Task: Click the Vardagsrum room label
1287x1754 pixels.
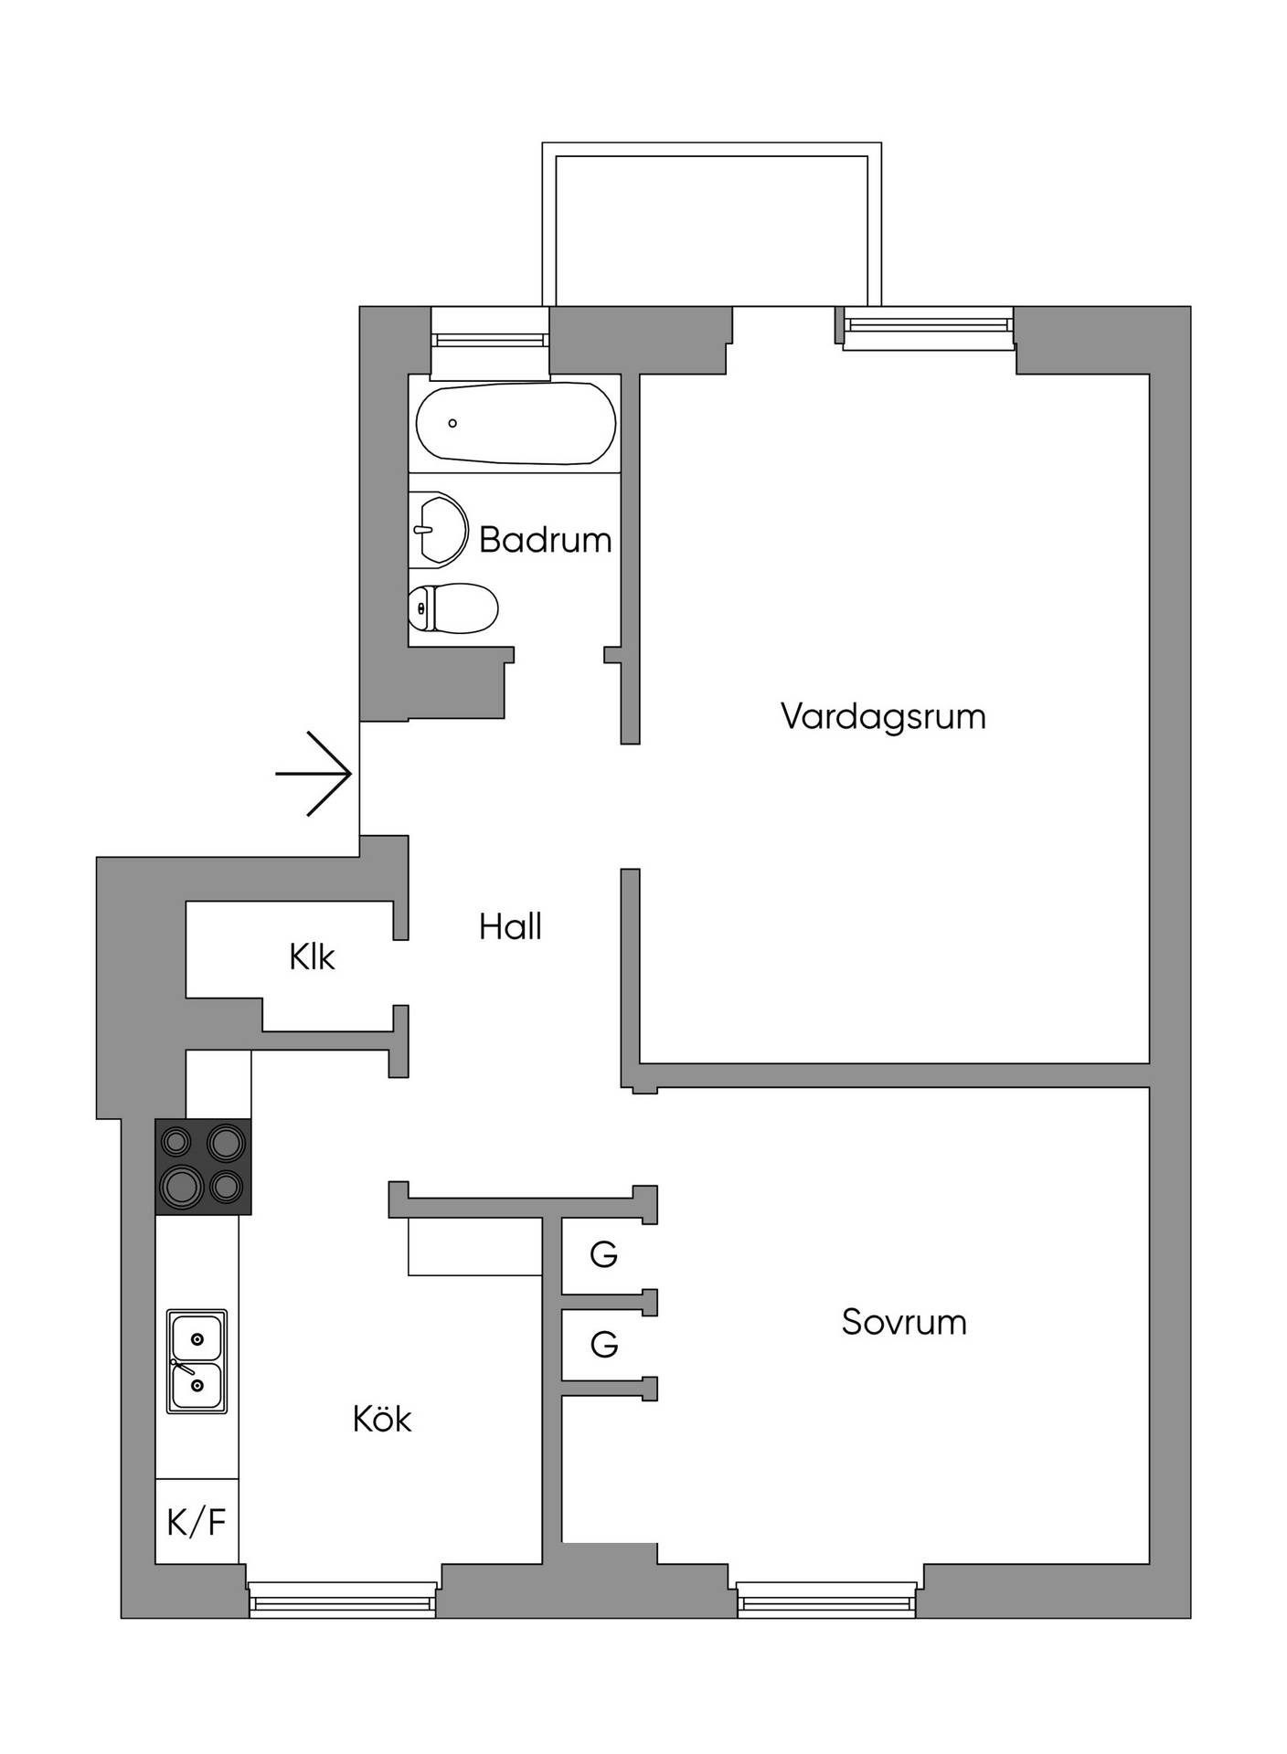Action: coord(883,717)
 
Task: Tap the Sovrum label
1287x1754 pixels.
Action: coord(904,1322)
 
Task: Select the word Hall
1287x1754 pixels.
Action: coord(510,926)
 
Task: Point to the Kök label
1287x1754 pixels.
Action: coord(382,1418)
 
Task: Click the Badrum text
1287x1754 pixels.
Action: coord(545,539)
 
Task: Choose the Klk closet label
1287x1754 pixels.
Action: coord(312,956)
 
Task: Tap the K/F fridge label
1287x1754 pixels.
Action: coord(196,1522)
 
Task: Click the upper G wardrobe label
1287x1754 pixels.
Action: coord(603,1254)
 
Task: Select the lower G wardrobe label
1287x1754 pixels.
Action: coord(603,1344)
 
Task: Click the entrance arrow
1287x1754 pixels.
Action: coord(314,774)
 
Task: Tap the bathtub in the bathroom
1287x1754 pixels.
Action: coord(516,424)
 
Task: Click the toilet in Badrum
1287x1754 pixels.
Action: coord(453,608)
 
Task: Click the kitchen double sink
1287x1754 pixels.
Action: coord(197,1361)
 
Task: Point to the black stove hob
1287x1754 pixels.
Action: coord(203,1167)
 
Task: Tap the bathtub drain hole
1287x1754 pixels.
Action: coord(452,423)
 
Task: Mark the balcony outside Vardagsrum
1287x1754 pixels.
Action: coord(711,225)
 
